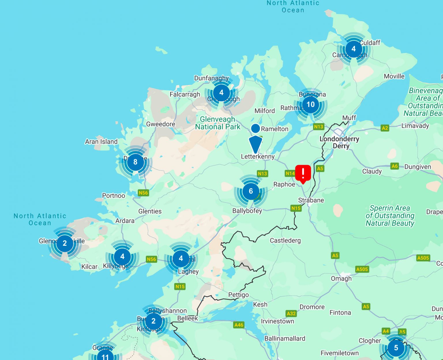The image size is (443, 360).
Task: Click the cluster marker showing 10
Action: pyautogui.click(x=310, y=104)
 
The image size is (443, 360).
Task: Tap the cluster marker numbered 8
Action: pyautogui.click(x=135, y=162)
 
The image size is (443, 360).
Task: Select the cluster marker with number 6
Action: pyautogui.click(x=251, y=191)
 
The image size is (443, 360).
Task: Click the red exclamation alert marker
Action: pyautogui.click(x=303, y=173)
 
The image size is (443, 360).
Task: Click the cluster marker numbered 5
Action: pyautogui.click(x=396, y=348)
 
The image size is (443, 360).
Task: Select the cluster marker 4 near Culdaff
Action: pyautogui.click(x=353, y=49)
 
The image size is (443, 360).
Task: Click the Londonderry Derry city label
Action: pyautogui.click(x=339, y=142)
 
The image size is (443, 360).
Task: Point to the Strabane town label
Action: pyautogui.click(x=311, y=200)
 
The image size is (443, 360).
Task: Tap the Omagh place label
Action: pyautogui.click(x=341, y=278)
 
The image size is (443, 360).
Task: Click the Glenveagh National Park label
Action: pyautogui.click(x=217, y=123)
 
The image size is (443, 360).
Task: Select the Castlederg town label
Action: pyautogui.click(x=285, y=240)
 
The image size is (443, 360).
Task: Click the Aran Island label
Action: pyautogui.click(x=101, y=142)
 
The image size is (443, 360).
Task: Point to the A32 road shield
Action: pyautogui.click(x=291, y=313)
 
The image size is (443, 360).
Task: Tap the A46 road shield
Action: pyautogui.click(x=239, y=325)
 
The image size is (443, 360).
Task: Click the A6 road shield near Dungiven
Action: pyautogui.click(x=395, y=166)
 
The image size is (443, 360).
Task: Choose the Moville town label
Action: pyautogui.click(x=394, y=76)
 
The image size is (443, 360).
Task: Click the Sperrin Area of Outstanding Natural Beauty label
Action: pyautogui.click(x=390, y=216)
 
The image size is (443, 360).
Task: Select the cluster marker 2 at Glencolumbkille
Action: pyautogui.click(x=65, y=243)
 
